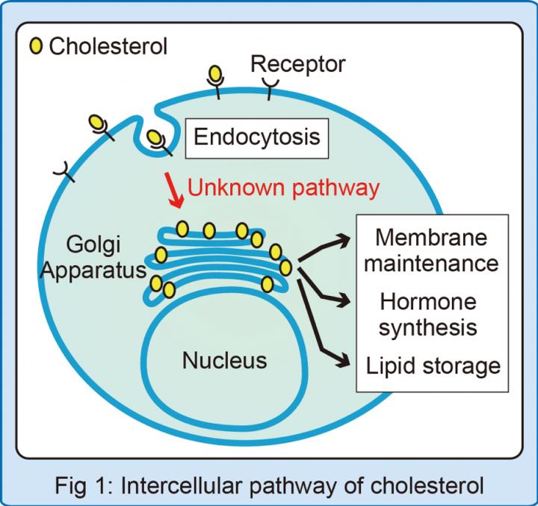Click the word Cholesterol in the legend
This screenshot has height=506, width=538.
point(108,46)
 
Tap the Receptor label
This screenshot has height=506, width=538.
point(298,64)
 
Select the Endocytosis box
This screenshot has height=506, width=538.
point(256,137)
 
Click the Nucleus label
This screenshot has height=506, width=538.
point(224,361)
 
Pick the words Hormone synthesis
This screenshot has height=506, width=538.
point(428,315)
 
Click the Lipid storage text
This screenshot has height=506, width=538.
point(433,366)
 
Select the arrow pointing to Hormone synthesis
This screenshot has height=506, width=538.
point(327,292)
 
